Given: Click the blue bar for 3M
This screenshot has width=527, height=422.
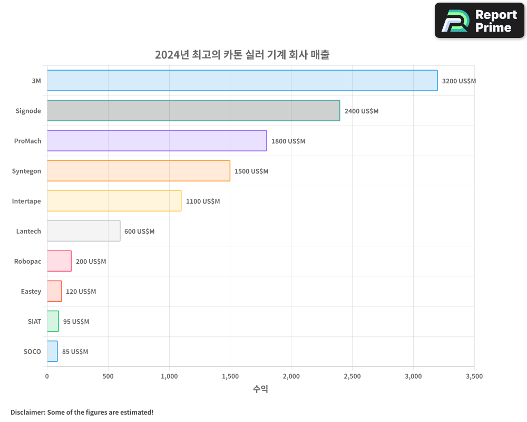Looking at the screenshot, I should coord(242,81).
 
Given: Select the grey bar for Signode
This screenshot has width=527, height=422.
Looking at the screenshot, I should coord(193,111).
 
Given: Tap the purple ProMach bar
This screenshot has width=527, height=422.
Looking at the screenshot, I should coord(157,141).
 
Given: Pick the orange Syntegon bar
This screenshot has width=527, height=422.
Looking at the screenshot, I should coord(139,171).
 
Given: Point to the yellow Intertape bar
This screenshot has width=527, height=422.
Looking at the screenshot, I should coord(114,201).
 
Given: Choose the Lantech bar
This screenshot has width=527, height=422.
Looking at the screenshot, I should coord(83,231).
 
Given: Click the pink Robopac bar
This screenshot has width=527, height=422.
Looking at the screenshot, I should coord(59,261).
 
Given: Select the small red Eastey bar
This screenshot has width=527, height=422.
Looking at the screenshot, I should coord(54,291).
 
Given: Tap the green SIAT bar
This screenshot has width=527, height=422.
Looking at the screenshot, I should coord(53,321).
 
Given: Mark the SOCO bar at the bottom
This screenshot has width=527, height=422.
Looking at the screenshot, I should coord(52,351).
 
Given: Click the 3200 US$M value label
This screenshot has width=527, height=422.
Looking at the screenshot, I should coord(458,81).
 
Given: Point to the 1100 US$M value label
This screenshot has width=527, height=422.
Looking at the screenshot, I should coord(203,202).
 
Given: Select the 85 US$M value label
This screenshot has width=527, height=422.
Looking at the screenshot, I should coord(75,352).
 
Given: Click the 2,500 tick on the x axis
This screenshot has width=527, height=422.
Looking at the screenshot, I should coord(352,377).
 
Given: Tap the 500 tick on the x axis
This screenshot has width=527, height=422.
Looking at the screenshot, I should coord(108,377).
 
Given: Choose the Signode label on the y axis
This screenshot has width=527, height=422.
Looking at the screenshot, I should coord(28,111).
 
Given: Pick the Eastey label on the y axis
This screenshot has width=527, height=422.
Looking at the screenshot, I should coord(31,291).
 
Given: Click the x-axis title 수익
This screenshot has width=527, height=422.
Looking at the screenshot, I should coord(260,389).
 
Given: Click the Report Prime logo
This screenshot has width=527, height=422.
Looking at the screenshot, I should coord(480,21).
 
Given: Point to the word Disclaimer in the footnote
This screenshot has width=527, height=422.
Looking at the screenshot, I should coord(27,412).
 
